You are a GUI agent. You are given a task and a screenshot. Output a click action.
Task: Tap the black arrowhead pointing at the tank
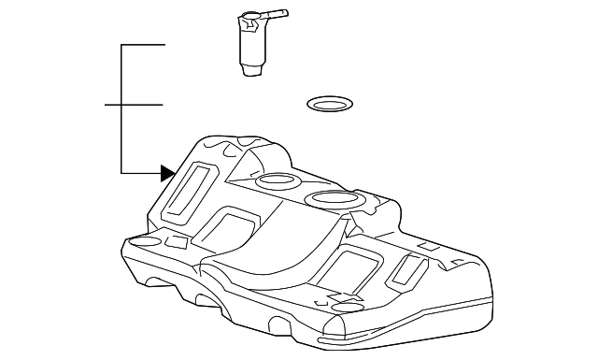click(x=167, y=172)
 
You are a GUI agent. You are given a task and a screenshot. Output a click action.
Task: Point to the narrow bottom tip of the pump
click(x=252, y=70)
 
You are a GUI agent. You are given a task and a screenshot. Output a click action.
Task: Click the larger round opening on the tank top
click(x=330, y=198)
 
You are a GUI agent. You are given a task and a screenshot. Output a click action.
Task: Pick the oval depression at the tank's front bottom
click(x=347, y=308)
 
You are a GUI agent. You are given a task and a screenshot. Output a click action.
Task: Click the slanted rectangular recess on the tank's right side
click(x=406, y=269)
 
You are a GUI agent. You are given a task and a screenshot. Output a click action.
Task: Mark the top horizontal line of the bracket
click(x=143, y=45)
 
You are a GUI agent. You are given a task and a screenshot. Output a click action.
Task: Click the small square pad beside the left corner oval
click(x=177, y=242)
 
